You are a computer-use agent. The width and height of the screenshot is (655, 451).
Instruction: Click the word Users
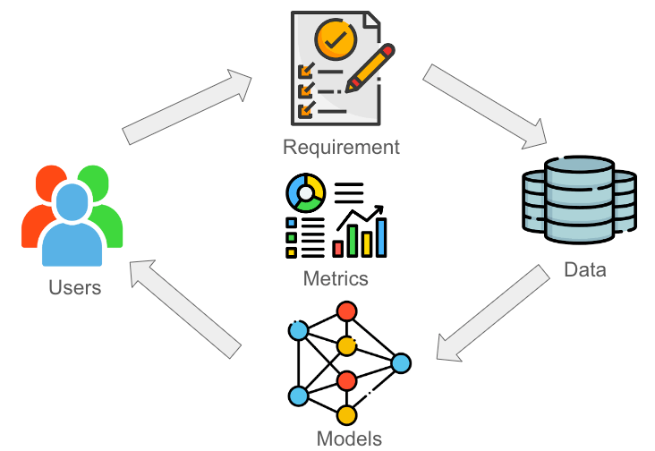tap(75, 288)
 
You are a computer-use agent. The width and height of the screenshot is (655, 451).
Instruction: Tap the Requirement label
tap(341, 147)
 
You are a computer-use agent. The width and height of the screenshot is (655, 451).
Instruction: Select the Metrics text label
tap(336, 278)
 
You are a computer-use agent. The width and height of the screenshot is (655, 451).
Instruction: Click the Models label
tap(349, 438)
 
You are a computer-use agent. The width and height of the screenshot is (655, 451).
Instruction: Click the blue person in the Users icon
tap(72, 228)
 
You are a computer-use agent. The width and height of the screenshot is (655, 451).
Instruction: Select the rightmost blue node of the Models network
tap(401, 363)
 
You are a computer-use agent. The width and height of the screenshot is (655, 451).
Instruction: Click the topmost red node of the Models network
tap(346, 311)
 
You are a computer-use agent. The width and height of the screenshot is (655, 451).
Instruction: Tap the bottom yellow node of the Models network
tap(346, 414)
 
